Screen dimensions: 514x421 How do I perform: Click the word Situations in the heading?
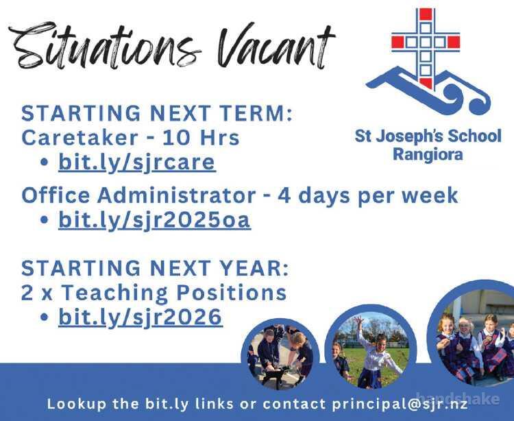tap(105, 46)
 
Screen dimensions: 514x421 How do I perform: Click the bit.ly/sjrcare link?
tap(136, 162)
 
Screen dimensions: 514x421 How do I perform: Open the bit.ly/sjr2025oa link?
tap(154, 219)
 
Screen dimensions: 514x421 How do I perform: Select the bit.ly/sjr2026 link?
tap(140, 317)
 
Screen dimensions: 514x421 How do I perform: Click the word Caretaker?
tap(79, 138)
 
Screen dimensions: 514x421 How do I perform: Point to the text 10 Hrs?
tap(201, 138)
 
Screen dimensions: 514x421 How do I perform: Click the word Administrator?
tap(176, 195)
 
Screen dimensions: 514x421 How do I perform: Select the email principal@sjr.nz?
tap(400, 404)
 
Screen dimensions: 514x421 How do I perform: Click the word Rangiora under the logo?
tap(428, 154)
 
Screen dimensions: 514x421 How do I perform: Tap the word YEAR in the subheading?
tap(254, 268)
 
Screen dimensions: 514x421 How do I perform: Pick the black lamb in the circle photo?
tap(277, 374)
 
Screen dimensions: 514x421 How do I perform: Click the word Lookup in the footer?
tap(76, 404)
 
